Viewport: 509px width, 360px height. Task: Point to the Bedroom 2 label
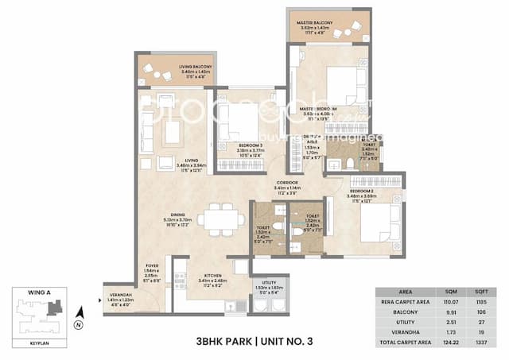pyautogui.click(x=367, y=194)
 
